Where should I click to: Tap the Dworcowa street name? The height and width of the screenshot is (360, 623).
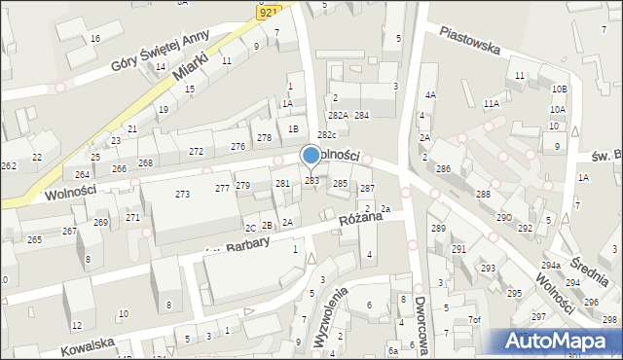[421, 327]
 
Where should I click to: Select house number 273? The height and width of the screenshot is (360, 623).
[182, 195]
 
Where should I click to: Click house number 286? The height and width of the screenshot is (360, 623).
[443, 169]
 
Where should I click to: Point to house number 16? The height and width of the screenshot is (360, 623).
[94, 38]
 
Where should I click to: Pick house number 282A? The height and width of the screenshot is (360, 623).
[338, 116]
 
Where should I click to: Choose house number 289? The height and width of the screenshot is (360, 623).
[437, 229]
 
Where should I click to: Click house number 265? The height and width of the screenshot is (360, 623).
[34, 239]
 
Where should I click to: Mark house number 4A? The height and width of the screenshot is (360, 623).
[430, 95]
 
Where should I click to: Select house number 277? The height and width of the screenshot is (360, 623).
[222, 188]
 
